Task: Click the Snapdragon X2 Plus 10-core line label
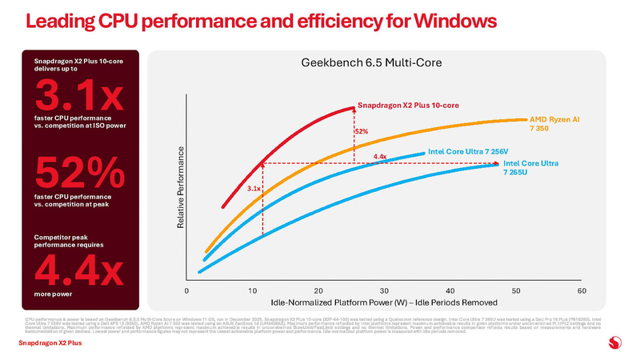click(x=408, y=105)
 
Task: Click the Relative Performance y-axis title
click(x=180, y=190)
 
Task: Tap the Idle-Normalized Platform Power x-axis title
click(x=384, y=302)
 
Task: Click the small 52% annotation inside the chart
click(x=361, y=130)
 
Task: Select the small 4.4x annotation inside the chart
click(x=380, y=156)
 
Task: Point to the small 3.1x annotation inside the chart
click(x=254, y=189)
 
